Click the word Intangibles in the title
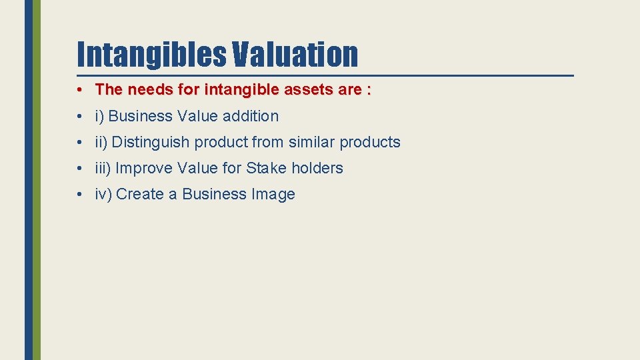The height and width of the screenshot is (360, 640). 153,54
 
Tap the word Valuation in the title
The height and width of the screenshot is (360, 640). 295,54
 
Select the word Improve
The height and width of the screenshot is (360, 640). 144,168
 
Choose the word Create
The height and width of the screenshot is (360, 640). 138,194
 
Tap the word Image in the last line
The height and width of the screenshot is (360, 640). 273,194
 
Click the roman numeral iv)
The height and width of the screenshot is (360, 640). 103,194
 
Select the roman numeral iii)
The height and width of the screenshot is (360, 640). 103,168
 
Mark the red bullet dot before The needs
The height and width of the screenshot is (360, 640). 79,89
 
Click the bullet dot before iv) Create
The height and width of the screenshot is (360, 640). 79,194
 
